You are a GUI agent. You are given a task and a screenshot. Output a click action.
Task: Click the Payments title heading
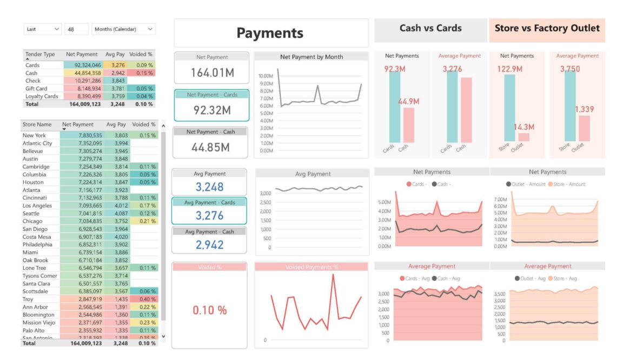[270, 33]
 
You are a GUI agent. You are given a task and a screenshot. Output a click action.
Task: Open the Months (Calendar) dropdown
[123, 29]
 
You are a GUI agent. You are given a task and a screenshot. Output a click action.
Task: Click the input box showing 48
[76, 29]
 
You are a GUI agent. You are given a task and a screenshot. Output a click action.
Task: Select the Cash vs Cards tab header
[430, 29]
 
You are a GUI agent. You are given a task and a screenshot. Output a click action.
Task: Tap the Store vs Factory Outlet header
[547, 29]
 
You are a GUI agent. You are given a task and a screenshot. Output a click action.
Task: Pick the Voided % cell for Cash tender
[143, 73]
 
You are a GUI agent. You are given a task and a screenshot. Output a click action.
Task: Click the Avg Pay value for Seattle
[121, 214]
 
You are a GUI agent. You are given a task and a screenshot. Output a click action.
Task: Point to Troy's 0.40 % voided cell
[144, 299]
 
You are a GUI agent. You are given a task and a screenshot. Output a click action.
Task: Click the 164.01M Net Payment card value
[211, 72]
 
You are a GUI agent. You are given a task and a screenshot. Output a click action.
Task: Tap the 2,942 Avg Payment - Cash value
[209, 245]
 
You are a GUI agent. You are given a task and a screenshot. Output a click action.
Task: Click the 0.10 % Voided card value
[210, 310]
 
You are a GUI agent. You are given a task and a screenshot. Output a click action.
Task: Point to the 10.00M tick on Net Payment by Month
[266, 76]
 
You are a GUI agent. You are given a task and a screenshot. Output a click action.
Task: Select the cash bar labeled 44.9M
[409, 124]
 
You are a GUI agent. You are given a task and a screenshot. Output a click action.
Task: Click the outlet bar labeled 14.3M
[523, 137]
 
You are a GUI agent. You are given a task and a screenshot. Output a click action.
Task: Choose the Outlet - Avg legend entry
[523, 278]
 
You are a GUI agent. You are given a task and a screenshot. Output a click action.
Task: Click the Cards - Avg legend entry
[415, 278]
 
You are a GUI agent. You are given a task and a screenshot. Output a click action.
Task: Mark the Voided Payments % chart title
[311, 267]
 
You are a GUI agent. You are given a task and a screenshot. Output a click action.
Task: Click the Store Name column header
[37, 124]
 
